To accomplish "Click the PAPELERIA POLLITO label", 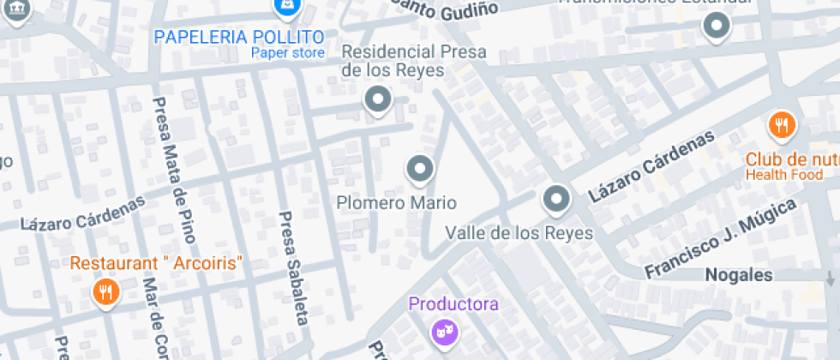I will pyautogui.click(x=239, y=37).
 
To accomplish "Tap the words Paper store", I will pyautogui.click(x=288, y=53).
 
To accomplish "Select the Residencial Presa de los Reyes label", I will pyautogui.click(x=413, y=61).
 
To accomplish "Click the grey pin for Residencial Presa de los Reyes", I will pyautogui.click(x=377, y=100).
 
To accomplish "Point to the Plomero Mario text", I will pyautogui.click(x=396, y=203).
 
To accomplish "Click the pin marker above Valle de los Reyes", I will pyautogui.click(x=557, y=200).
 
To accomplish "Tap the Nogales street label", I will pyautogui.click(x=738, y=275).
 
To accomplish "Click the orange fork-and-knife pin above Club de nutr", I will pyautogui.click(x=782, y=126).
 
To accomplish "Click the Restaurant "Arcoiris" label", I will pyautogui.click(x=158, y=262).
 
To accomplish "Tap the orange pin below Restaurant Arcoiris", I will pyautogui.click(x=105, y=291).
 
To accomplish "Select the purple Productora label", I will pyautogui.click(x=453, y=304).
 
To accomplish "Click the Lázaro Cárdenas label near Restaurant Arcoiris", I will pyautogui.click(x=82, y=214).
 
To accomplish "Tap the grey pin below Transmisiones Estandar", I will pyautogui.click(x=717, y=27).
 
